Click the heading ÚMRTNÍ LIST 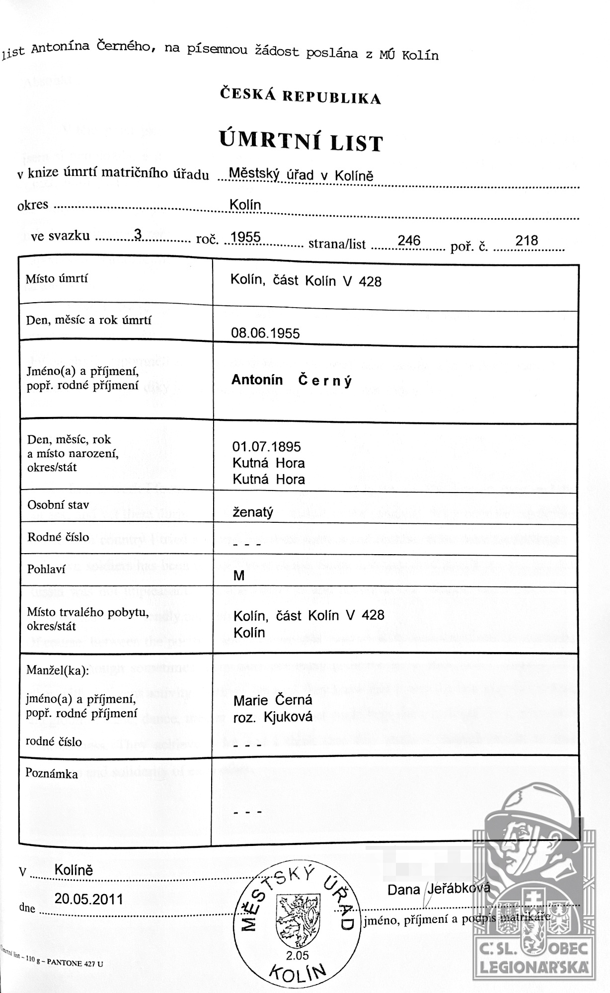point(301,142)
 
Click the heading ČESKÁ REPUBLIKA point(301,95)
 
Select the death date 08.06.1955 point(265,332)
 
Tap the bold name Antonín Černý point(292,380)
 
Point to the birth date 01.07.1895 point(266,446)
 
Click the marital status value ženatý point(253,512)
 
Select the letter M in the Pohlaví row point(239,576)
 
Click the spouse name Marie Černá point(273,700)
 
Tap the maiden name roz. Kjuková point(273,717)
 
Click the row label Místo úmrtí point(57,278)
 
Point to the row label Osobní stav point(58,505)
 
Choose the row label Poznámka point(52,774)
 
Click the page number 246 point(409,241)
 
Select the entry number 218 point(527,241)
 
